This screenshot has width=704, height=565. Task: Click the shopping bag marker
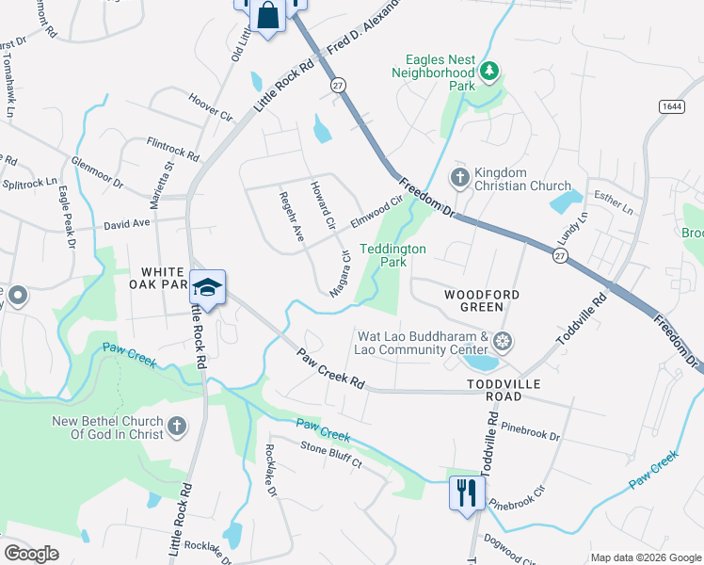268,15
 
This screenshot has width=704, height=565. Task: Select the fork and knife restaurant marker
466,492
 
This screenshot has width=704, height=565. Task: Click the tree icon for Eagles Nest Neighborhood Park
488,71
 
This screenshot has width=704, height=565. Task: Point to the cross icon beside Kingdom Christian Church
459,177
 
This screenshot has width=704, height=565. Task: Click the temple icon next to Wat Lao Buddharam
504,340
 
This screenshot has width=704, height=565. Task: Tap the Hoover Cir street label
210,107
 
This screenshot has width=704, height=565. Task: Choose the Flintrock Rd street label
173,148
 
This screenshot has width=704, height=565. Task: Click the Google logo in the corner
32,554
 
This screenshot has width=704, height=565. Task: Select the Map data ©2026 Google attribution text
645,557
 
